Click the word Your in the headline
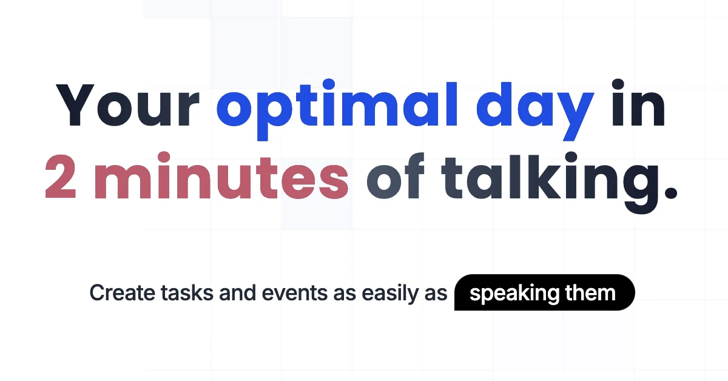[x=128, y=105]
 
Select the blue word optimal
[x=337, y=110]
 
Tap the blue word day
[x=535, y=111]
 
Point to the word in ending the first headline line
[x=639, y=103]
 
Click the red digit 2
[x=61, y=176]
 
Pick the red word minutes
[x=221, y=175]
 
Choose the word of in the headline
[x=396, y=176]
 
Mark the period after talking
[x=671, y=192]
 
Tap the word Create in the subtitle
[x=123, y=293]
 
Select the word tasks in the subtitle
[x=187, y=292]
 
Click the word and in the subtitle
[x=238, y=292]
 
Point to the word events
[x=294, y=293]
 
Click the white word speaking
[x=514, y=294]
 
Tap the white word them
[x=590, y=292]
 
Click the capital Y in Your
[x=75, y=105]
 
